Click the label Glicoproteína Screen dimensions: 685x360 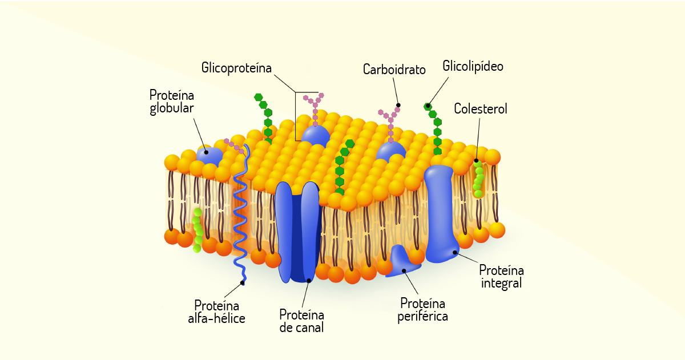click(x=236, y=68)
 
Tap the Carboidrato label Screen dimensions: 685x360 click(x=394, y=70)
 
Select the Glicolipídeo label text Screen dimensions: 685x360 click(x=473, y=66)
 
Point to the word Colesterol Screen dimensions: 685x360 click(x=481, y=108)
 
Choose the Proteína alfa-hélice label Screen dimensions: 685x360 click(x=216, y=312)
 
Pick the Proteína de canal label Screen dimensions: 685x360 click(x=301, y=321)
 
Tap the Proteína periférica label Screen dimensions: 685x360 click(x=422, y=310)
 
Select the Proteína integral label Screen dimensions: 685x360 click(x=501, y=277)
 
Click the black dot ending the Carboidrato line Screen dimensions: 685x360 click(x=398, y=105)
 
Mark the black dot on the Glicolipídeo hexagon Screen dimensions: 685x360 click(x=428, y=106)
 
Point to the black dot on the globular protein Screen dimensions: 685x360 click(x=206, y=152)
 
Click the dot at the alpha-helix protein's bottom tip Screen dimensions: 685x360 click(x=243, y=283)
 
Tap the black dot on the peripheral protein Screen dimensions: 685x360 click(x=404, y=271)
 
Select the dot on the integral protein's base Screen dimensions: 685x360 click(x=455, y=252)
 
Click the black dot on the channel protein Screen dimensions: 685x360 click(x=309, y=281)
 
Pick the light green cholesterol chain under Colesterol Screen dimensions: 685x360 click(x=478, y=179)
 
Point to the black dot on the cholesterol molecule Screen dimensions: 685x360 click(x=476, y=161)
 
